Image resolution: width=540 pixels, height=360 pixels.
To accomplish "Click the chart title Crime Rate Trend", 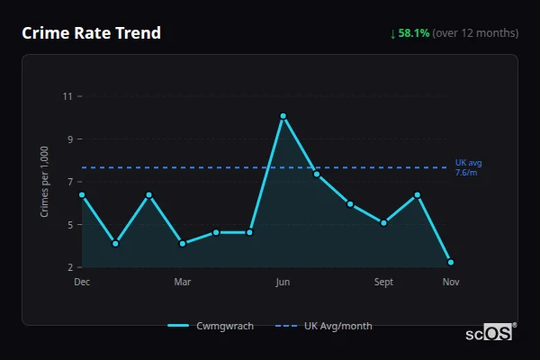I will (91, 33).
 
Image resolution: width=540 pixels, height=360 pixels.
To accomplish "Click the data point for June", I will (283, 116).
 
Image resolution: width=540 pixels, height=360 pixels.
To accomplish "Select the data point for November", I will (451, 262).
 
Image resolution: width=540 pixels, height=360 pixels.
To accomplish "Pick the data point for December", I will (82, 194).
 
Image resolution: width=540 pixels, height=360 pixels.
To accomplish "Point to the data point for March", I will (183, 243).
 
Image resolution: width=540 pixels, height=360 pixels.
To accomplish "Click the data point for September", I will (383, 222).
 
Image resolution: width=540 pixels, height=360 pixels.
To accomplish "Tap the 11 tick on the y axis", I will (68, 96).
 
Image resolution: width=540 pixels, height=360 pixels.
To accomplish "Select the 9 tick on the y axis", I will (70, 139).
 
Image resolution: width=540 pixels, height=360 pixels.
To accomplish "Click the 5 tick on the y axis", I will (70, 225).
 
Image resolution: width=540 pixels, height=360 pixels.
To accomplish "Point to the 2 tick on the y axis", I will (70, 267).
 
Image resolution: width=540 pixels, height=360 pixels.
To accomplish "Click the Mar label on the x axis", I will (183, 283).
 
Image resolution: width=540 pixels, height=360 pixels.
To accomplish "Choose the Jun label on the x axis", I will (283, 283).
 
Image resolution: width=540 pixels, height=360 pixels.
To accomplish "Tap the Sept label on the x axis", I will (383, 283).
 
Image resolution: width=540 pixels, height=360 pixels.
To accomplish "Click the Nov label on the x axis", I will (451, 283).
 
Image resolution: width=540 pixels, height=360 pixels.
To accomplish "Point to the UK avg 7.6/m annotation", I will (467, 167).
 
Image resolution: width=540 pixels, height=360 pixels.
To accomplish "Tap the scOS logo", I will (490, 333).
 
